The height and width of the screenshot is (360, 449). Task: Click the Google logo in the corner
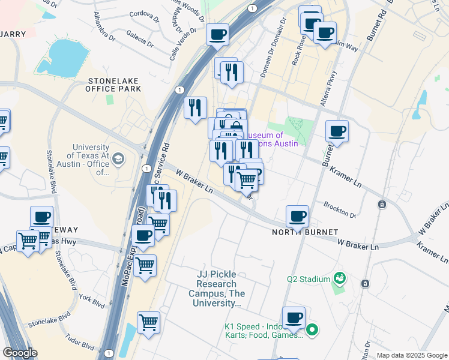click(x=20, y=353)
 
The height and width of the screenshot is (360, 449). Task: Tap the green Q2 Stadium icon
click(x=340, y=278)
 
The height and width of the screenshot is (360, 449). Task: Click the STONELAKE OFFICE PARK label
click(x=115, y=84)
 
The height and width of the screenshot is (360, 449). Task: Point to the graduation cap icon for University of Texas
click(x=118, y=159)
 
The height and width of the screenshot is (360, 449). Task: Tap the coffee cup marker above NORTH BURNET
click(x=297, y=216)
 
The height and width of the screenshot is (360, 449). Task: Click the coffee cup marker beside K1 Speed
click(x=294, y=318)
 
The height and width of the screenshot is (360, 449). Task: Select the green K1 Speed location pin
click(x=312, y=329)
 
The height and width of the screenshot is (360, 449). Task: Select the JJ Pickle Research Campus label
click(x=217, y=289)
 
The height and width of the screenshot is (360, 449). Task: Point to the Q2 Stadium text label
click(x=309, y=279)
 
